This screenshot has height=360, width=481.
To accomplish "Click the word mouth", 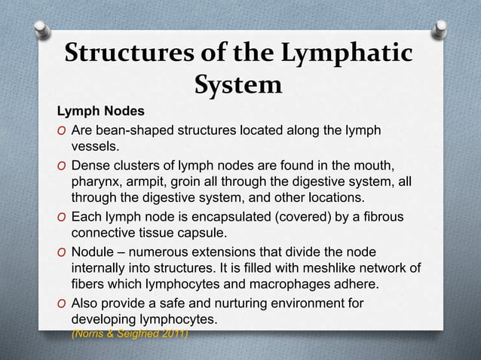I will [374, 165].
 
